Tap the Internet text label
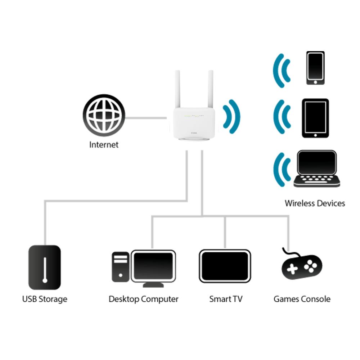104,145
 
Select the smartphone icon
315,68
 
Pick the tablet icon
315,118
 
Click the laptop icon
316,168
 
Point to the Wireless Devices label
315,203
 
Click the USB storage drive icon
44,267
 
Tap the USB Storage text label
45,299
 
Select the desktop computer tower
121,266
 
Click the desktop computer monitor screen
153,266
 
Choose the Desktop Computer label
143,299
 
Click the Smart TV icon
225,266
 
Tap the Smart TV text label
226,299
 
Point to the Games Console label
302,299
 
